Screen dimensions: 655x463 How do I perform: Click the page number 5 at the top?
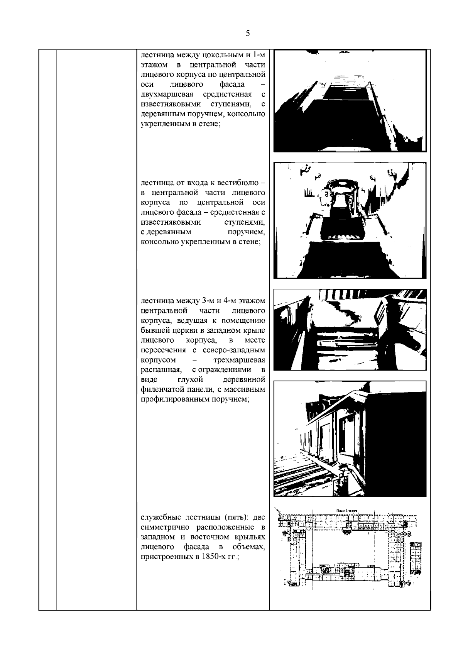point(247,33)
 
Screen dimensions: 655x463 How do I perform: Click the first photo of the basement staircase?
point(350,101)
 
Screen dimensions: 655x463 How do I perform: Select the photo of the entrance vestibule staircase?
point(350,220)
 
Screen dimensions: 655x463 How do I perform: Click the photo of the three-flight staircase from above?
point(350,332)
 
